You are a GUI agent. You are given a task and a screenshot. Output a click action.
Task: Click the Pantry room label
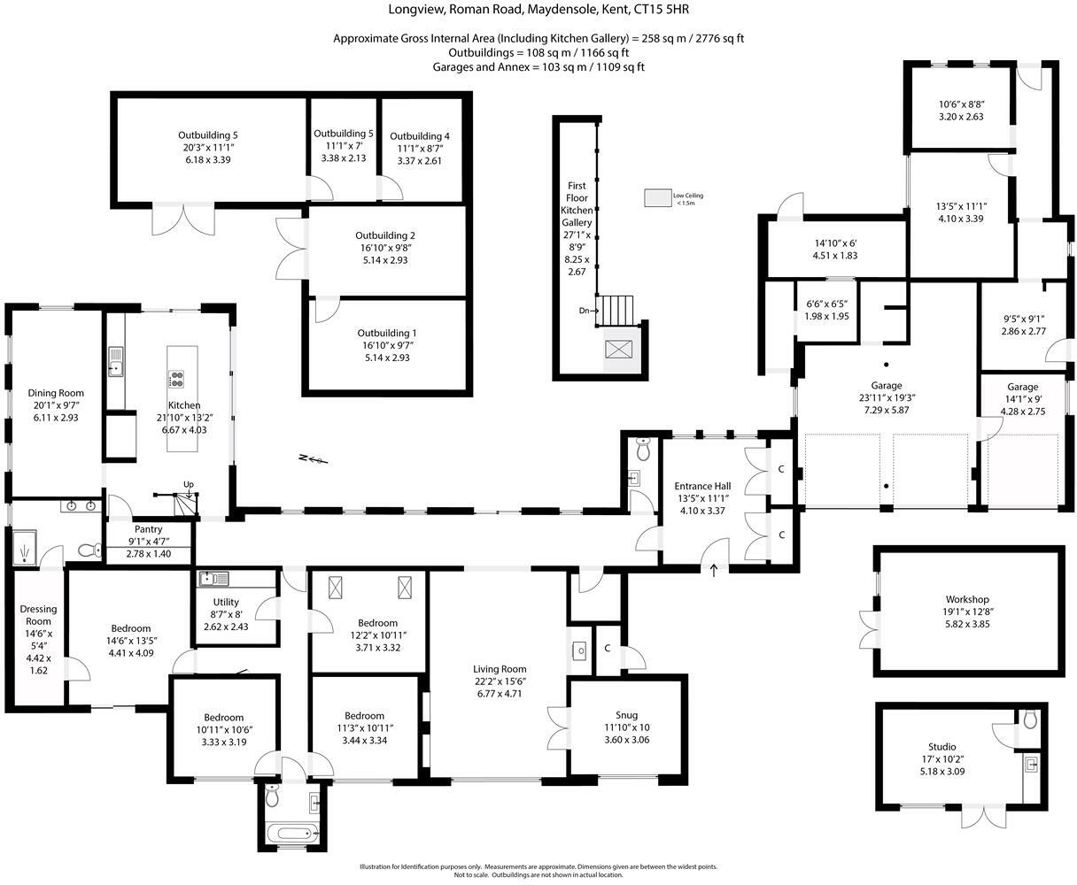coord(148,529)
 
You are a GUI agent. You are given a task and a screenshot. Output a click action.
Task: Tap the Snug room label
coord(626,715)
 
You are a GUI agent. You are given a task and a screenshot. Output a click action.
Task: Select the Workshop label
coord(967,599)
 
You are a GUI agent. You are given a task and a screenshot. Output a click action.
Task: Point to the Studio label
coord(942,747)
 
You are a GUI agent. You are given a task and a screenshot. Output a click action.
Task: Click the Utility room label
coord(226,602)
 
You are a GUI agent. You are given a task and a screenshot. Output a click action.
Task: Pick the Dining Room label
coord(56,393)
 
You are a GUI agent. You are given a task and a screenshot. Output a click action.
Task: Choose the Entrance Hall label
coord(702,486)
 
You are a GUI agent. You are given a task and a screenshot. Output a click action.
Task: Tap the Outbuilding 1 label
coord(386,333)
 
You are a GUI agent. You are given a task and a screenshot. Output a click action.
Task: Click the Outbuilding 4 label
coord(419,136)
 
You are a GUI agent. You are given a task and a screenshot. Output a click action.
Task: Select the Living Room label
coord(500,669)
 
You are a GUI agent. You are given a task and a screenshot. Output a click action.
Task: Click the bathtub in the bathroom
coord(292,834)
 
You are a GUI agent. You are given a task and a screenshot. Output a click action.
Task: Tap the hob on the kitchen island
coord(176,379)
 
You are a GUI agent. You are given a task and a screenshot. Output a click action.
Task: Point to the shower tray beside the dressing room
coord(23,548)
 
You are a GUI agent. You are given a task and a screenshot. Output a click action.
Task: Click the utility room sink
coord(213,579)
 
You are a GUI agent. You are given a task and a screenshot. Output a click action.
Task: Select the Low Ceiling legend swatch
coord(657,198)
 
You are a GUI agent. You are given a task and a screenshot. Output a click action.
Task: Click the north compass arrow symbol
coord(314,459)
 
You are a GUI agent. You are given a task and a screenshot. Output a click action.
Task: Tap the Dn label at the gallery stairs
coord(585,311)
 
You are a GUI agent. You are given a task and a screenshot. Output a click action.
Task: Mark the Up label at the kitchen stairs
coord(189,484)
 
